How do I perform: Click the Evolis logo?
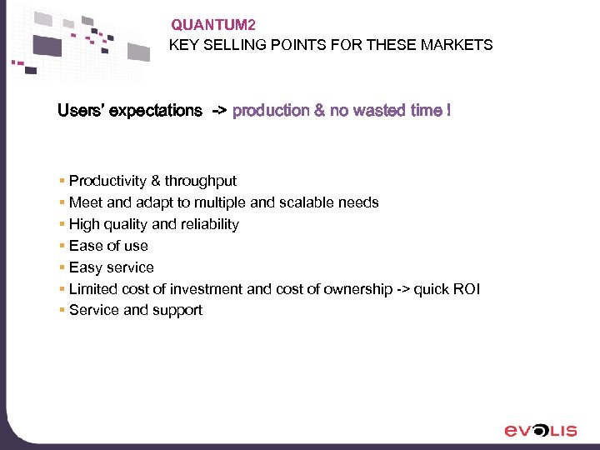pyautogui.click(x=540, y=430)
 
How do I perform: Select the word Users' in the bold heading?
pyautogui.click(x=80, y=111)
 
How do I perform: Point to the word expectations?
pyautogui.click(x=156, y=111)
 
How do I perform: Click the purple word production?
pyautogui.click(x=271, y=111)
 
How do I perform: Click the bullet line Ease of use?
pyautogui.click(x=108, y=246)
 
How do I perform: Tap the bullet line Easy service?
pyautogui.click(x=112, y=267)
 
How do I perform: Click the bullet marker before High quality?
pyautogui.click(x=62, y=224)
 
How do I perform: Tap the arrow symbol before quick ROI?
pyautogui.click(x=403, y=289)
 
